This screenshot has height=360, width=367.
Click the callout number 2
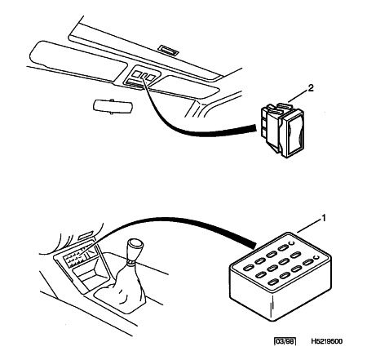pyautogui.click(x=311, y=88)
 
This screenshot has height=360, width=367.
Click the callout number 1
pyautogui.click(x=324, y=218)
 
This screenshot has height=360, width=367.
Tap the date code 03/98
pyautogui.click(x=285, y=341)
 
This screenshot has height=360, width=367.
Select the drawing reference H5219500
pyautogui.click(x=327, y=341)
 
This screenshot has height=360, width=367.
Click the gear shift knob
pyautogui.click(x=136, y=249)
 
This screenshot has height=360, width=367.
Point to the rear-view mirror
pyautogui.click(x=113, y=106)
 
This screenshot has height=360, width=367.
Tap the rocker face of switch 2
pyautogui.click(x=294, y=134)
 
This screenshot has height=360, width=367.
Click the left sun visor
pyautogui.click(x=77, y=61)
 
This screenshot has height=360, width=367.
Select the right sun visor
pyautogui.click(x=185, y=87)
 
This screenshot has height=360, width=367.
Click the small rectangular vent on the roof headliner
pyautogui.click(x=168, y=51)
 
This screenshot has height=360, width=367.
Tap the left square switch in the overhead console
pyautogui.click(x=137, y=73)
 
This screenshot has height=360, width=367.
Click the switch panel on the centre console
pyautogui.click(x=81, y=256)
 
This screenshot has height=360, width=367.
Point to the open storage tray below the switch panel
pyautogui.click(x=90, y=276)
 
